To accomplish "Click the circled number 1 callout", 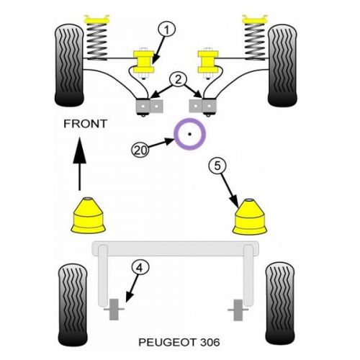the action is pos(166,30).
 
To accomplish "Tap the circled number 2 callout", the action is pos(178,80).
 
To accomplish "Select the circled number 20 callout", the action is pos(140,150).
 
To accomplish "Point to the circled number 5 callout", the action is pos(217,166).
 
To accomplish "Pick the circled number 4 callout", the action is pos(140,268).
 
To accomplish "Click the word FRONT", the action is pos(85,124).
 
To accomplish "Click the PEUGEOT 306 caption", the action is pos(179,342).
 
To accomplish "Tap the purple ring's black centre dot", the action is pos(189,134).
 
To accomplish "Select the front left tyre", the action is pos(69,66).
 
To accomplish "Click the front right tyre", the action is pos(282,66).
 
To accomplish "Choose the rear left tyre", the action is pos(73,305).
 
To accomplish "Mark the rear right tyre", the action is pos(280,304).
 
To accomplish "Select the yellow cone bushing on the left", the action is pos(89,215).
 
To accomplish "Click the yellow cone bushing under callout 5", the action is pos(250,217).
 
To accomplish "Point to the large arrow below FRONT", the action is pos(79,163).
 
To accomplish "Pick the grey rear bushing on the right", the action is pos(238,310).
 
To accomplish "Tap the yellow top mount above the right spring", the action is pos(255,19).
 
